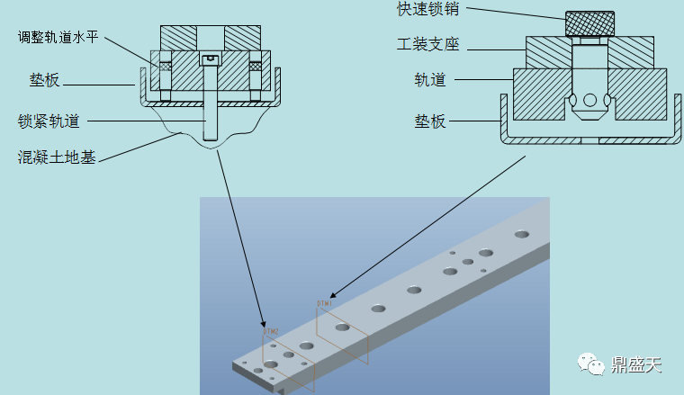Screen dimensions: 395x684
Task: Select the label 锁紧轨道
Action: pos(49,120)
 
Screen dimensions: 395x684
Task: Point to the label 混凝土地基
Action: pos(57,157)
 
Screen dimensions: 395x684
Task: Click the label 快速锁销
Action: pos(427,10)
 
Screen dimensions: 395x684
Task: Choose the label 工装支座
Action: pos(427,44)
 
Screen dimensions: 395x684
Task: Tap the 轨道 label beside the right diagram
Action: pos(430,79)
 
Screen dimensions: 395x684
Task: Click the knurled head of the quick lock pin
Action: pos(589,23)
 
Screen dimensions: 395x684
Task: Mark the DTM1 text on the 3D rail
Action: pos(325,304)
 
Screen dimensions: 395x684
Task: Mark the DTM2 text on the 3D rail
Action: pos(271,332)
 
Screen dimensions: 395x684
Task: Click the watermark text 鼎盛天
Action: pos(637,364)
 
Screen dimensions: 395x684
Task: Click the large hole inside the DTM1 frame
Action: pos(343,328)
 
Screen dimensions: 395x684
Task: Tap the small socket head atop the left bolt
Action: pos(211,59)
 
